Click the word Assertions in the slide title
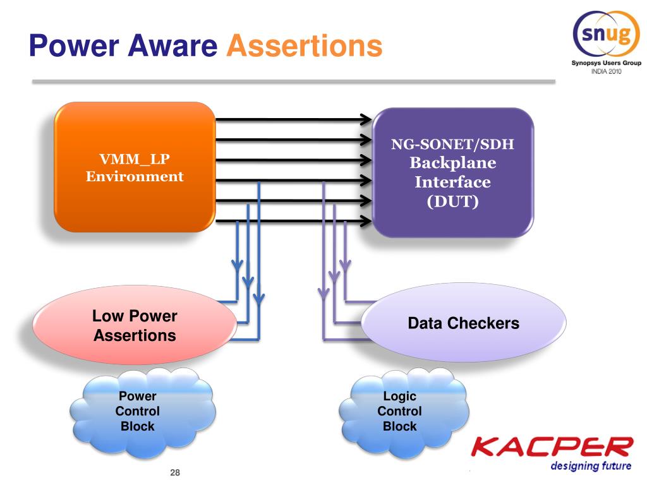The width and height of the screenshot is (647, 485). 305,46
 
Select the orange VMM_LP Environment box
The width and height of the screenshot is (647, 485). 134,167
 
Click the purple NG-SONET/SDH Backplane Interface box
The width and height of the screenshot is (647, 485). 452,172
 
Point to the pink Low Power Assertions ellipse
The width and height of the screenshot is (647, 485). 135,325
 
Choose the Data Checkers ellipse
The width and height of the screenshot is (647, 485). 463,324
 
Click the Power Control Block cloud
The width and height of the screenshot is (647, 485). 138,411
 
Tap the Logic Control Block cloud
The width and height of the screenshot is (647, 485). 400,411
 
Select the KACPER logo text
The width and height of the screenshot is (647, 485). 552,448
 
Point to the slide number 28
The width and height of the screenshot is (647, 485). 175,473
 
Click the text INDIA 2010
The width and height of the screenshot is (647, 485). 606,72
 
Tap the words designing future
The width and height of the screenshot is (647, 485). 591,467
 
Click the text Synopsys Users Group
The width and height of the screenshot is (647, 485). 606,63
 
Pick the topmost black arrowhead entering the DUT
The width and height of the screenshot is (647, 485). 365,118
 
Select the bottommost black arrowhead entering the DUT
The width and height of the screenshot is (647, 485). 365,222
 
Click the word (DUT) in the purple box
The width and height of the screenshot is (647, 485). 452,203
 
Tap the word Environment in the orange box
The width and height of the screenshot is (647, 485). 135,177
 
